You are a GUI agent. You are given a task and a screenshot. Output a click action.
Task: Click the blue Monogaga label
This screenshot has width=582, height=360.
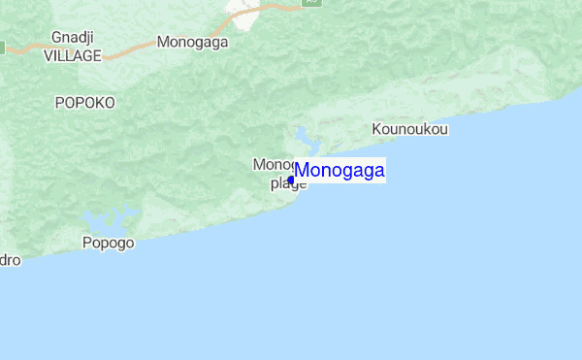click(x=339, y=171)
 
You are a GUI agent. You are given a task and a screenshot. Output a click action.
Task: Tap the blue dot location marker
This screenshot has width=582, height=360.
click(x=291, y=180)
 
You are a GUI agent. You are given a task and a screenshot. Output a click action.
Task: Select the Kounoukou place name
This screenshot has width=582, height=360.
click(x=410, y=129)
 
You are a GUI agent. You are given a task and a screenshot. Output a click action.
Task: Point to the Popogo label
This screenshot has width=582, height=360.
click(x=108, y=243)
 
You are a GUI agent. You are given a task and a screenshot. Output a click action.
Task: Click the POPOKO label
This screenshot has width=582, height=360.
click(x=84, y=102)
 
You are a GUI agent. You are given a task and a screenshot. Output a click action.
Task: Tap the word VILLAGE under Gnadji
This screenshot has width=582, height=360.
click(x=73, y=56)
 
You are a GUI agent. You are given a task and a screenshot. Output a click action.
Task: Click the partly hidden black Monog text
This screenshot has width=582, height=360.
click(x=272, y=164)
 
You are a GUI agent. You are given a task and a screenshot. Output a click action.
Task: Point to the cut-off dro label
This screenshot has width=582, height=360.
click(x=9, y=260)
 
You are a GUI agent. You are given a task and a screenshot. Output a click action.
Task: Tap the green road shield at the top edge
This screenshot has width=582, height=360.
click(x=310, y=3)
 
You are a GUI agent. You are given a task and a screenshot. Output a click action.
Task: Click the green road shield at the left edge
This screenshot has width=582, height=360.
click(x=2, y=47)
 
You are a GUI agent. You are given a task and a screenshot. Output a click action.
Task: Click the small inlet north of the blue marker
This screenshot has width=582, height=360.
click(x=305, y=137)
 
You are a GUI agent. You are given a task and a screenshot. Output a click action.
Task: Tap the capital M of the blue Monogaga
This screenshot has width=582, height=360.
click(x=302, y=171)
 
